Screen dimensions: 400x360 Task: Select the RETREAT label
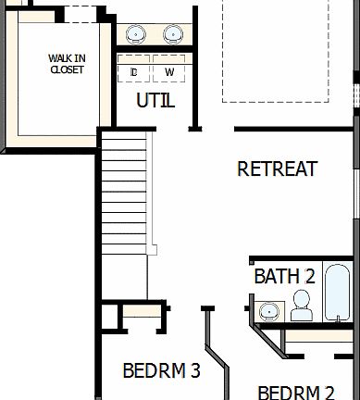(278, 169)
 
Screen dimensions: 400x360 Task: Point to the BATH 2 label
(285, 276)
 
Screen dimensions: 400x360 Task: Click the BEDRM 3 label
(162, 371)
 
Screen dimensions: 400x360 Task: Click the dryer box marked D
(134, 71)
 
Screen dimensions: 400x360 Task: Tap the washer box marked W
(169, 71)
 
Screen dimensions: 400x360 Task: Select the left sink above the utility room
(136, 34)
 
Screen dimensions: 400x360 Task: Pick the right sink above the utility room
(173, 34)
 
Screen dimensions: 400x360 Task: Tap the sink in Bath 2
(269, 309)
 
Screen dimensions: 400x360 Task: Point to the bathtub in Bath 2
(339, 305)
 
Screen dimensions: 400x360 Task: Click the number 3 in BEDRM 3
(195, 371)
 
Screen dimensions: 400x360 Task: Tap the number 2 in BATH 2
(309, 276)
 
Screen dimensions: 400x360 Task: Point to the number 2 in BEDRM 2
(329, 392)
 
